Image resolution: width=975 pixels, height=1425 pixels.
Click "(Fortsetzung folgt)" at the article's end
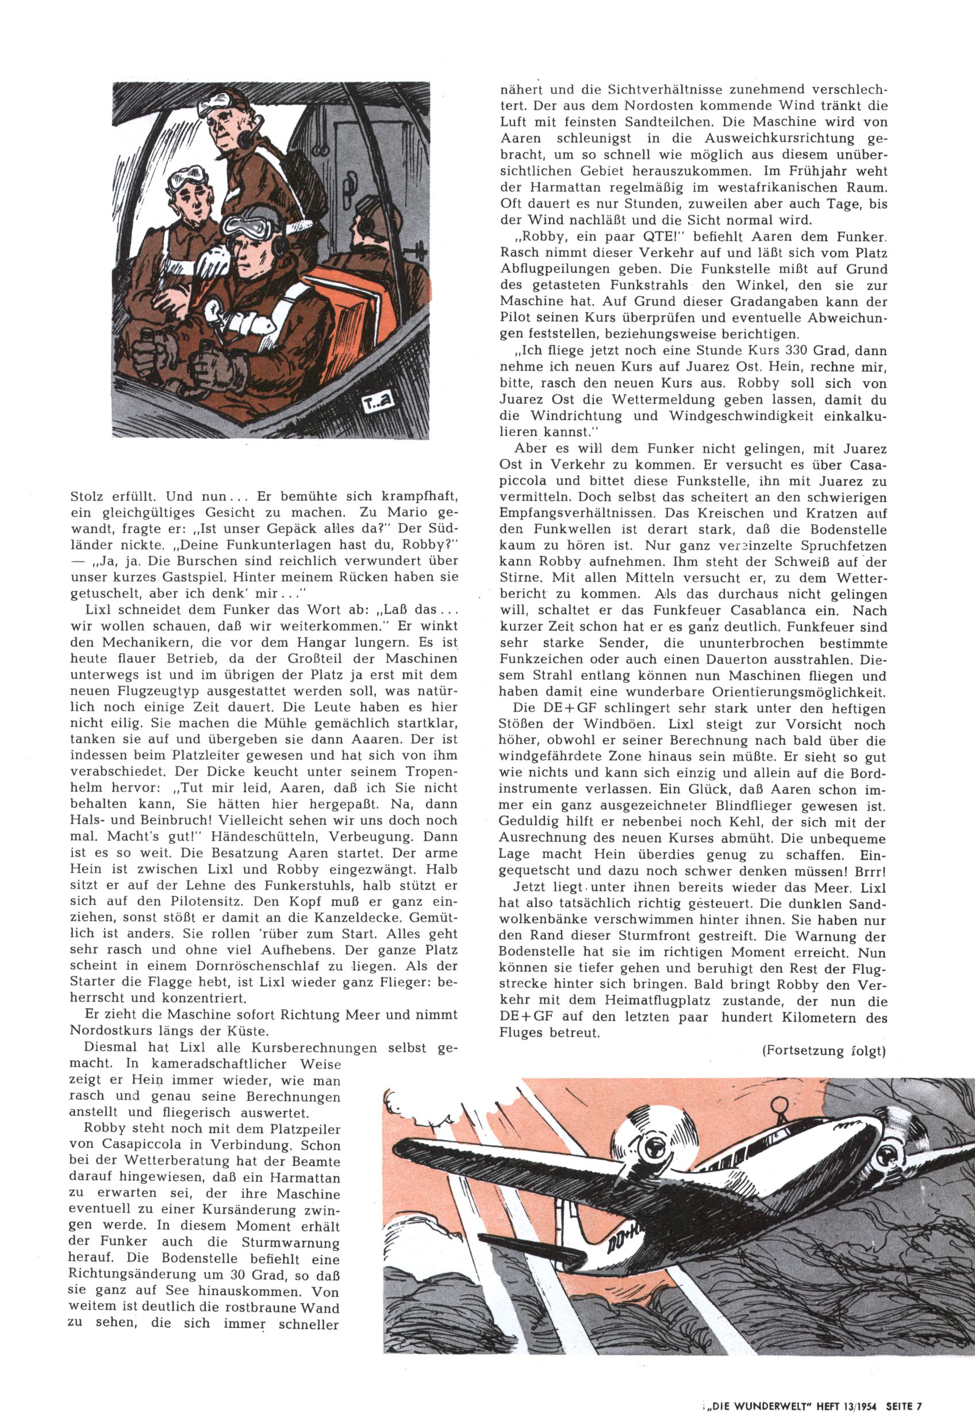click(823, 1051)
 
